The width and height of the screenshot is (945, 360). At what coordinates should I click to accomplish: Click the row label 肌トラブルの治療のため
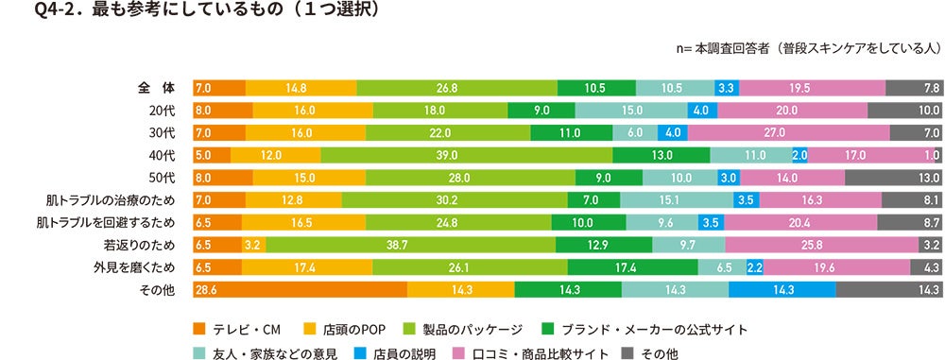[105, 200]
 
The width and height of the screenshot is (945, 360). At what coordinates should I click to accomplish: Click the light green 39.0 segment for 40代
[468, 155]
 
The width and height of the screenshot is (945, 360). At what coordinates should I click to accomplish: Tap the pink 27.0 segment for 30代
[788, 133]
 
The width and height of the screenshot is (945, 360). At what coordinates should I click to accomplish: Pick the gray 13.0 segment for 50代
[893, 178]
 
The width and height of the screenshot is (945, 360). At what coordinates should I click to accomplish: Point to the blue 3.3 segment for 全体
[727, 88]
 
